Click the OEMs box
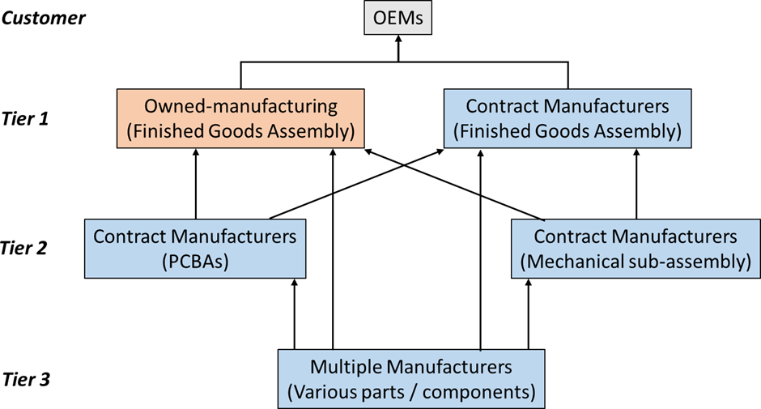tap(398, 17)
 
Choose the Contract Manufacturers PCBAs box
tap(194, 249)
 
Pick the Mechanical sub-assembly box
tap(636, 249)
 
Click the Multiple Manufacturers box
tap(411, 379)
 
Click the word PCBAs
tap(195, 262)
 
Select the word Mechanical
tap(567, 262)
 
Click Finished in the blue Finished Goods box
tap(494, 131)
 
